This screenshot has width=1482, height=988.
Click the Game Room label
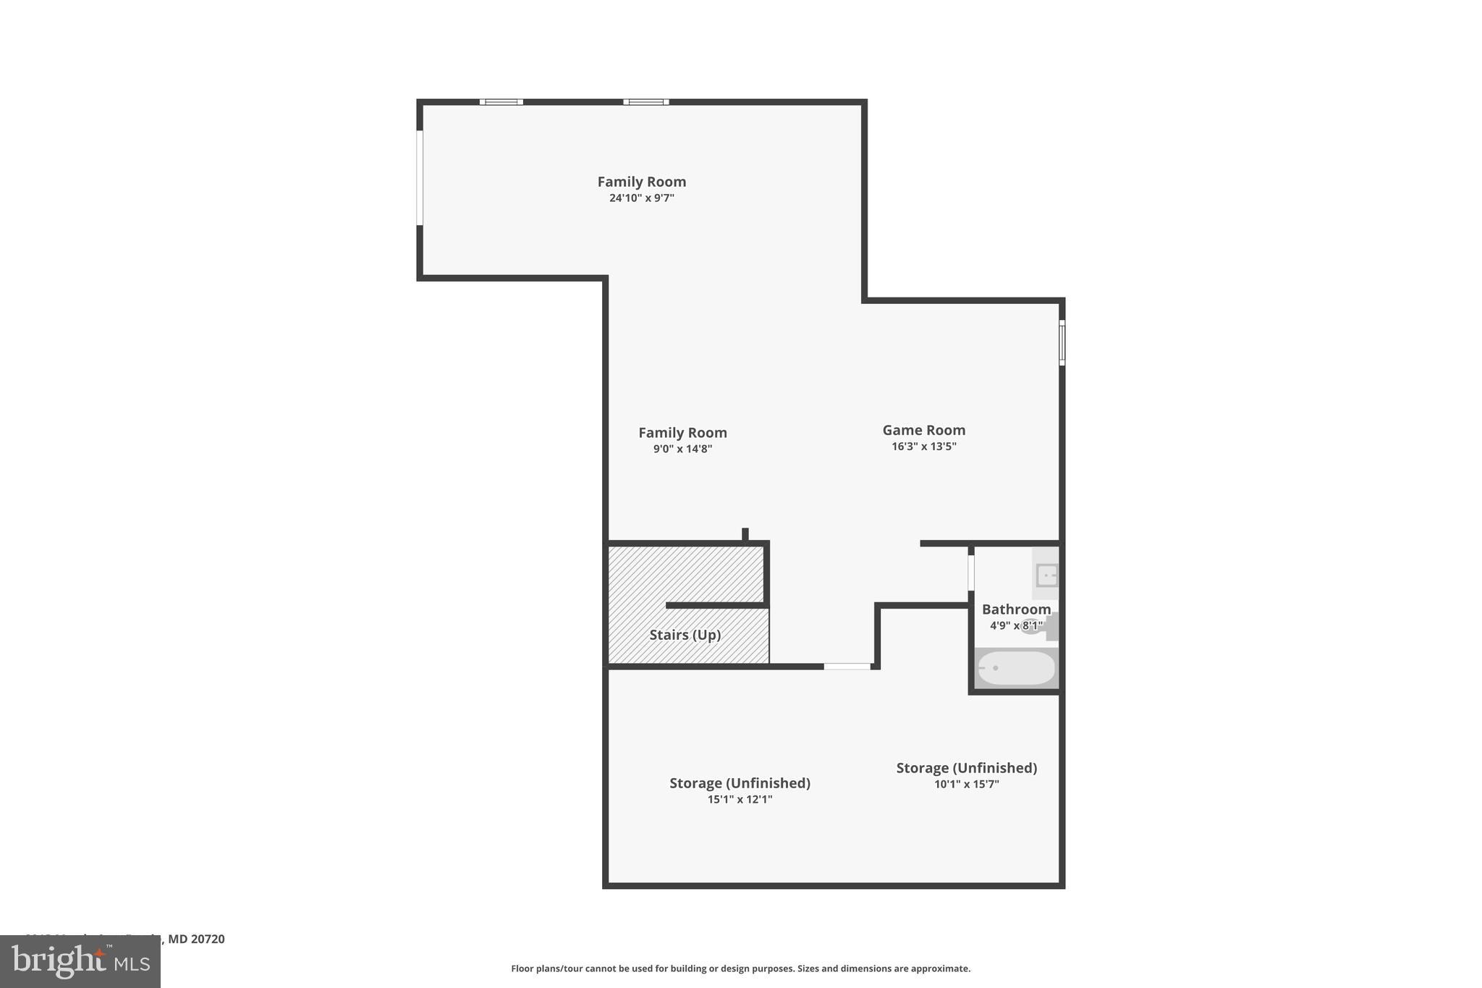click(x=923, y=430)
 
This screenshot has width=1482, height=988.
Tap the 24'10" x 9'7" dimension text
click(x=641, y=198)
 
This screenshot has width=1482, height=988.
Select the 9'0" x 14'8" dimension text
click(x=682, y=449)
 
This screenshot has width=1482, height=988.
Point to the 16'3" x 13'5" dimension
click(x=923, y=447)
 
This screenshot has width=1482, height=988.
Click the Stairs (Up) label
click(x=685, y=635)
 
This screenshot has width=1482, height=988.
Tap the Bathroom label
click(x=1016, y=609)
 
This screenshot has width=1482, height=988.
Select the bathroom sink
click(x=1046, y=575)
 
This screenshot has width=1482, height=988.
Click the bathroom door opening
click(x=971, y=573)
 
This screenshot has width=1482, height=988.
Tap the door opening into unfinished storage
click(x=847, y=666)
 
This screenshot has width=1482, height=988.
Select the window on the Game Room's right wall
click(x=1062, y=342)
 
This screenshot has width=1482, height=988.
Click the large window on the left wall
click(x=420, y=178)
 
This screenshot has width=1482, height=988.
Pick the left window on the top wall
click(x=501, y=102)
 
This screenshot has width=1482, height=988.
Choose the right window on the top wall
click(x=645, y=102)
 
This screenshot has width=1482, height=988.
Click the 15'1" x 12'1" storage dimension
click(x=740, y=800)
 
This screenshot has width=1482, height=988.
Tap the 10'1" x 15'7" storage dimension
click(x=966, y=784)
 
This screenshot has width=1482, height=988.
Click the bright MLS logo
click(x=80, y=961)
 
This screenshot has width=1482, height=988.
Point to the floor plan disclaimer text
click(x=740, y=968)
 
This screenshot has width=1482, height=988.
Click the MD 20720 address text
click(x=196, y=939)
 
